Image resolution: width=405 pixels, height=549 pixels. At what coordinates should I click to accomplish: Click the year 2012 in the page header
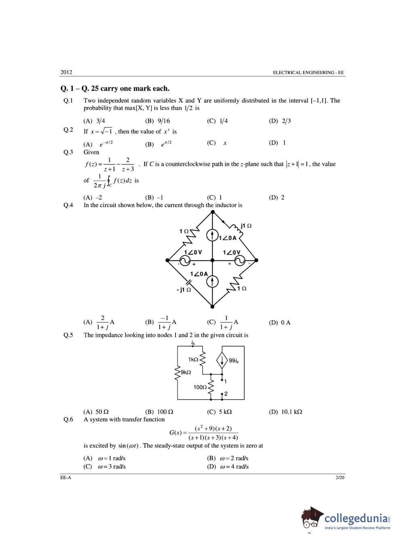point(66,72)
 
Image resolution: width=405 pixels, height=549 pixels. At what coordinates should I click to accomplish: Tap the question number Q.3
point(68,152)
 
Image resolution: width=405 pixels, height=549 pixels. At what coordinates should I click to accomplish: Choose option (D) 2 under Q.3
point(277,198)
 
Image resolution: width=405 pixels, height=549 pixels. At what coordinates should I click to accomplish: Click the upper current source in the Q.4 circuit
point(213,236)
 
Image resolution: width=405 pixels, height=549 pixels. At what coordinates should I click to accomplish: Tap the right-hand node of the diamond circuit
point(256,260)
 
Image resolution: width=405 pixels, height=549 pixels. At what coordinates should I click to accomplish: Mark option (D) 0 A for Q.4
point(280,323)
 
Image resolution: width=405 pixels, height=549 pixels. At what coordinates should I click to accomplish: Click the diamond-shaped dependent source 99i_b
point(222,360)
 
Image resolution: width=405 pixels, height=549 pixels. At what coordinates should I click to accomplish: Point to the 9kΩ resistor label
point(186,372)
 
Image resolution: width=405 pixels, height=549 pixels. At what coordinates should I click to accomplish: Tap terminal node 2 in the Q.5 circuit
point(222,394)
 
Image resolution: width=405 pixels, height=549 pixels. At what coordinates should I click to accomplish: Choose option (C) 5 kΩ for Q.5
point(219,412)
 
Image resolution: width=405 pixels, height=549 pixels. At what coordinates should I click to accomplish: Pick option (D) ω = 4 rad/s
point(228,467)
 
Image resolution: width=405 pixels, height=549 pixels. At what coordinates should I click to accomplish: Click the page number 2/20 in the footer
point(340,478)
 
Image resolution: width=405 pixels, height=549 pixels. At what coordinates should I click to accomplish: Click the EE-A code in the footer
point(66,478)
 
